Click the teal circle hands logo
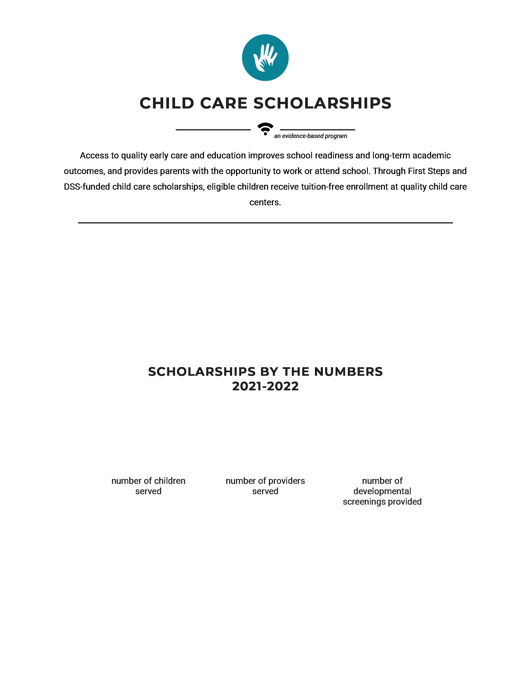click(x=265, y=58)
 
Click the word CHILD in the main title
click(x=167, y=103)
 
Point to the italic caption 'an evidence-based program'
click(x=311, y=136)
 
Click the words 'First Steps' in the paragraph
click(x=428, y=171)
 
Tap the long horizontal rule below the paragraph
click(x=265, y=223)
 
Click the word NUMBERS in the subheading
click(x=348, y=372)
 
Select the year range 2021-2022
click(x=265, y=386)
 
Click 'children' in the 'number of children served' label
click(x=170, y=481)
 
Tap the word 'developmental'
click(x=382, y=491)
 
